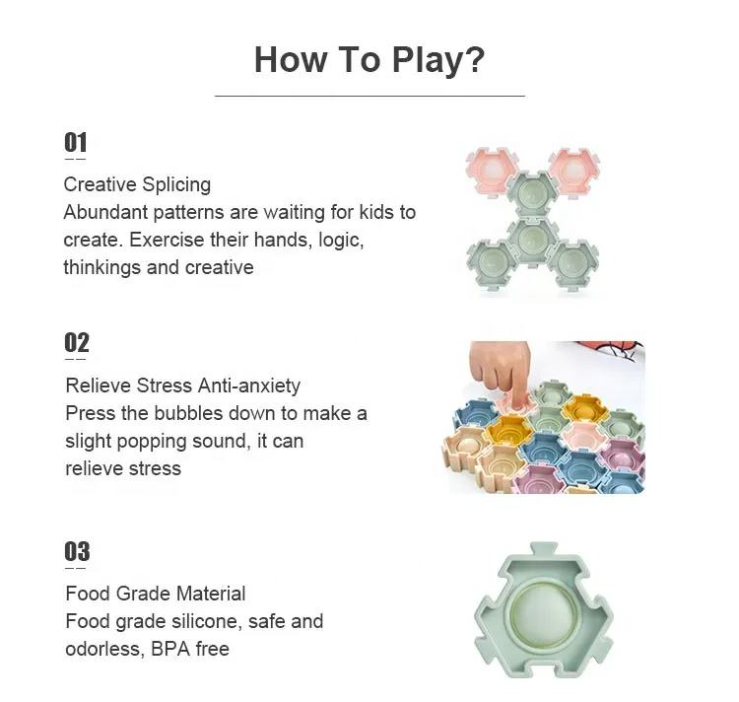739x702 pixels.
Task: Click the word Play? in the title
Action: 438,61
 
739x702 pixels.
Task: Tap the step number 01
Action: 76,142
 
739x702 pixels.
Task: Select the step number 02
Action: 76,343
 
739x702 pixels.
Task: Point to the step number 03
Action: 77,551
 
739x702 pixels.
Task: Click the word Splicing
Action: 176,184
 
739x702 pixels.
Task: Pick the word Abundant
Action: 105,212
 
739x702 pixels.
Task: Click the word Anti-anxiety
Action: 249,386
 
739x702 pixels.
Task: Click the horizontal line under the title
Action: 369,96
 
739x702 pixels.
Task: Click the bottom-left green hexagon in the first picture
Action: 492,262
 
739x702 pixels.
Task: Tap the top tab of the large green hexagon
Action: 544,549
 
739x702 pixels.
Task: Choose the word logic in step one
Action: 341,241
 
